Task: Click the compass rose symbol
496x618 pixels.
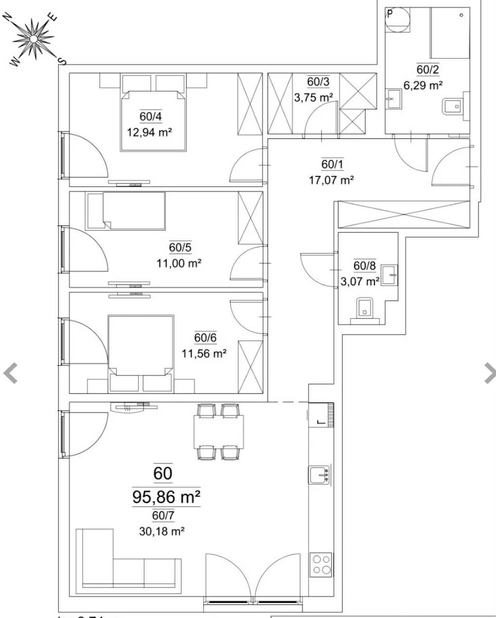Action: [x=33, y=38]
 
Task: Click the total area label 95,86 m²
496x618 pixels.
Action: [x=166, y=497]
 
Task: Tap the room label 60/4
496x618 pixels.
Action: [x=150, y=117]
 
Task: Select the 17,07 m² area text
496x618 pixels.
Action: [x=331, y=180]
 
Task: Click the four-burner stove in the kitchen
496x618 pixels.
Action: [x=321, y=565]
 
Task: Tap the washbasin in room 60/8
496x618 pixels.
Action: [x=389, y=275]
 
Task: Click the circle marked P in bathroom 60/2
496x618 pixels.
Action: [x=398, y=20]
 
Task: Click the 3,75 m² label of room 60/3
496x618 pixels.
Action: [x=313, y=97]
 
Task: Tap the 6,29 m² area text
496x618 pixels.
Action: [x=423, y=86]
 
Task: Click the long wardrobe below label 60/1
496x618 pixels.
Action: [x=403, y=214]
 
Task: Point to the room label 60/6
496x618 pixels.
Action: [x=205, y=338]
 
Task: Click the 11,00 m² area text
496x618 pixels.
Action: [x=178, y=263]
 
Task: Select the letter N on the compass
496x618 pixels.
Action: [x=8, y=17]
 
